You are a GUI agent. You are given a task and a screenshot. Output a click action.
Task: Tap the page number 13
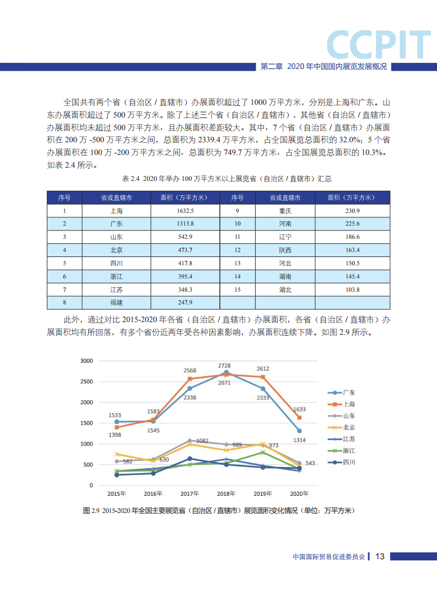380,556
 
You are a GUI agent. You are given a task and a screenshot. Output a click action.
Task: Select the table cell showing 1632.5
185,211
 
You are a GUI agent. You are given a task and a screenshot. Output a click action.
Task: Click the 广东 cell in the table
116,224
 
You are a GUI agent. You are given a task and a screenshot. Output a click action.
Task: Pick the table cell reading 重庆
285,211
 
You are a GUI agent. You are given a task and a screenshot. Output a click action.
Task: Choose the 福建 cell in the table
116,303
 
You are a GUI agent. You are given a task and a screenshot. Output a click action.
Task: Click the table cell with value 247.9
185,303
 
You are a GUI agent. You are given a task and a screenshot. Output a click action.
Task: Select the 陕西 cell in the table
285,250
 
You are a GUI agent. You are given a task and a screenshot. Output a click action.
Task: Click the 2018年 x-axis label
226,494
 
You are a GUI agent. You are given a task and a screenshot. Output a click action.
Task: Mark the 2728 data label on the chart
225,366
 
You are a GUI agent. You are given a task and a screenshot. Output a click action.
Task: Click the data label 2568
190,370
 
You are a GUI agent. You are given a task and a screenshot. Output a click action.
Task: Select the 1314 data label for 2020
299,440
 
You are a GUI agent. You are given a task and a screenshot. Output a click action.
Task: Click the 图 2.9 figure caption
218,511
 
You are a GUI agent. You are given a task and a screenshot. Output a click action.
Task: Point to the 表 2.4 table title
218,179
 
